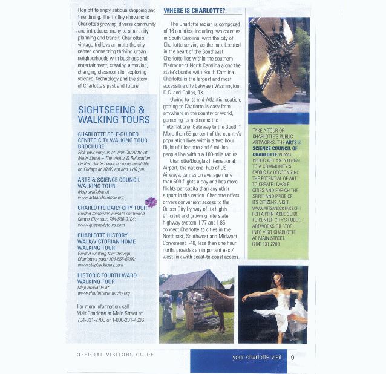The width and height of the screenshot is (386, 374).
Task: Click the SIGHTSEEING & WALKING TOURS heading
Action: [114, 114]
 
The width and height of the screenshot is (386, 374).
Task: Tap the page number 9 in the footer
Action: [292, 357]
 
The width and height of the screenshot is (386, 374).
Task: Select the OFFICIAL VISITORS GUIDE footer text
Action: [116, 355]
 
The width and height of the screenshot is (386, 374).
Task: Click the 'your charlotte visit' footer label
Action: [257, 357]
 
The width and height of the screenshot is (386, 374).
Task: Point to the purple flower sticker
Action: [151, 202]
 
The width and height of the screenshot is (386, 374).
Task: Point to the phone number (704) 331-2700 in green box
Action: [266, 244]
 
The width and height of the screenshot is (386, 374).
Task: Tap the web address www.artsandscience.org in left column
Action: [101, 197]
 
